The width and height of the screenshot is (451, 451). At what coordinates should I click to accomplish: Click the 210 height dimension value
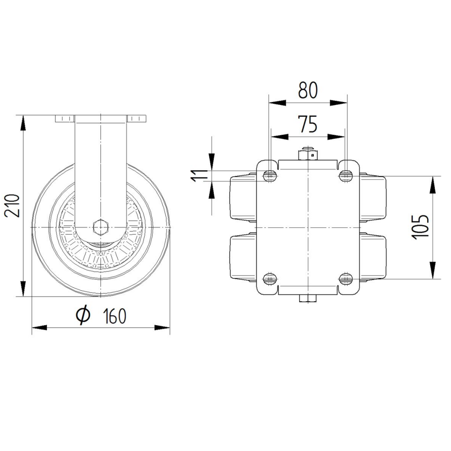tap(12, 206)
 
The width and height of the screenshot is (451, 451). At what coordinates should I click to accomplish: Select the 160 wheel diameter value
tap(115, 316)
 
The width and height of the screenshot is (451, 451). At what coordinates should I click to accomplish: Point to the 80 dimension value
tap(308, 90)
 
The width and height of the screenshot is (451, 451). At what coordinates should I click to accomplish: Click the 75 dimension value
tap(308, 124)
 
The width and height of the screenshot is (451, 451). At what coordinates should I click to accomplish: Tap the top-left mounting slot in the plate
tap(270, 175)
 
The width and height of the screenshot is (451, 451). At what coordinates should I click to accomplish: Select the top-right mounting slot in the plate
tap(346, 175)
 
